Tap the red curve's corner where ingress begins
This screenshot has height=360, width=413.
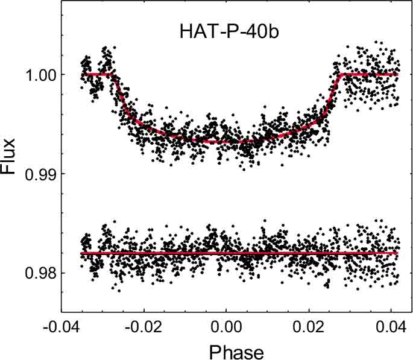113,74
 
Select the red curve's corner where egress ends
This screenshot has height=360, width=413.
341,74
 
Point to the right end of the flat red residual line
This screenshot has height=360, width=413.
398,253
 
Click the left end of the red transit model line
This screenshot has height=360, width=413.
86,74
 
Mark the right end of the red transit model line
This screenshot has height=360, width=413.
398,74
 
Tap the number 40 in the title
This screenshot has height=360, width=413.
253,32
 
